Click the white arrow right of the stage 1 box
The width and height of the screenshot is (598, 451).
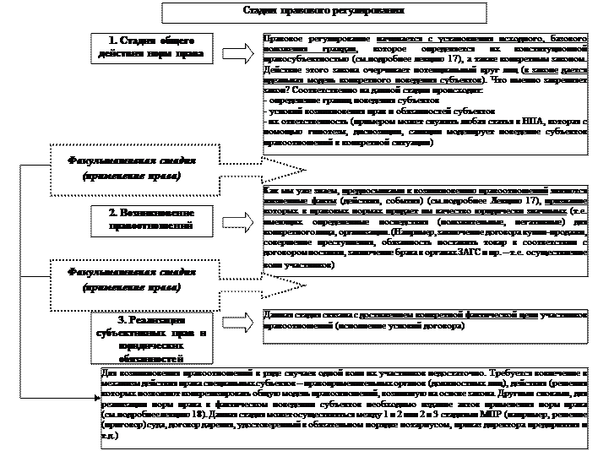(239, 52)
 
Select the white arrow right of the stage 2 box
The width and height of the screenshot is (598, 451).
(239, 221)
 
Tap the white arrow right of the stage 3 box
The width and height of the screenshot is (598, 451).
(239, 323)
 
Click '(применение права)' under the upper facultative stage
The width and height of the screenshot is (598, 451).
(132, 177)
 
